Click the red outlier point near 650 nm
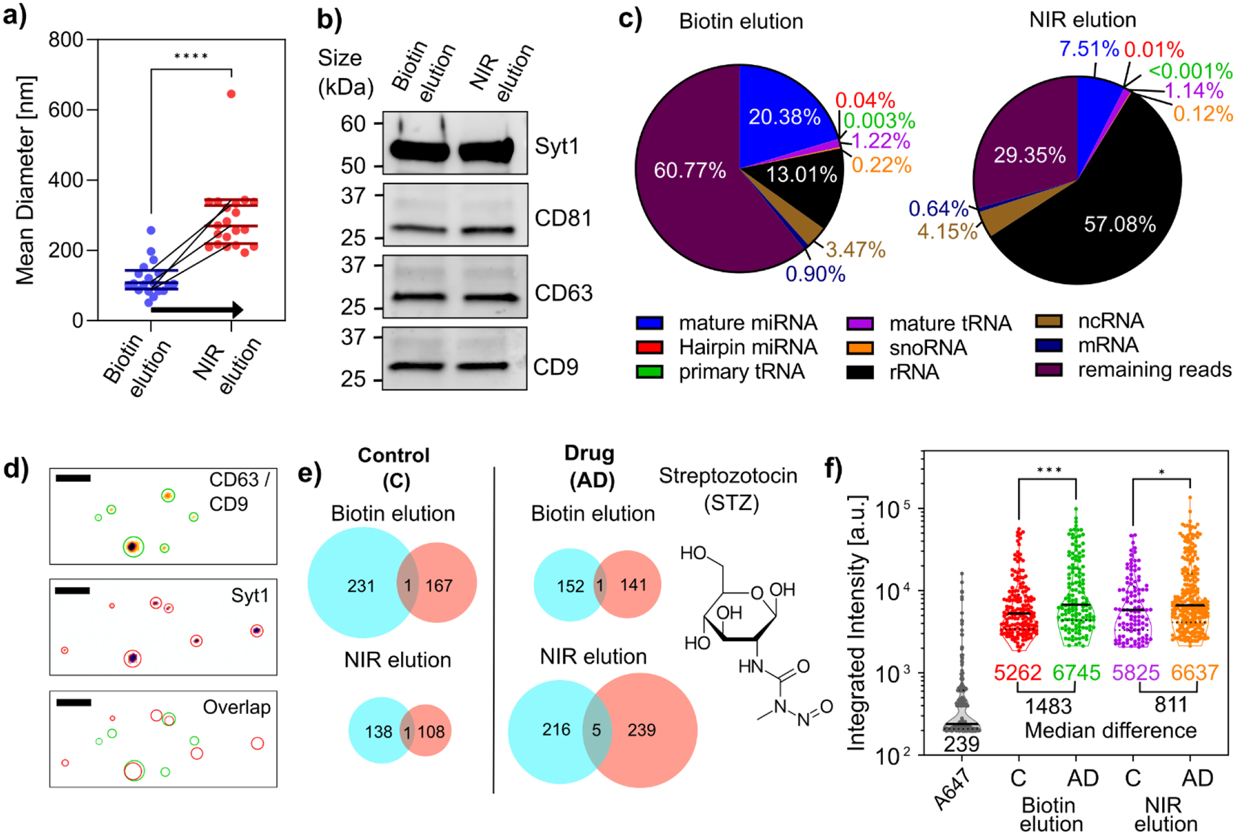coord(231,94)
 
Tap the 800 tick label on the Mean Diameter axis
coord(65,40)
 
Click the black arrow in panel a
coord(196,310)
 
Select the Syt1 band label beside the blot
coord(556,146)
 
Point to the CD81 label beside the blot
coord(563,218)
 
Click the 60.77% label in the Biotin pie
coord(689,171)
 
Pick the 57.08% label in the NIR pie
coord(1120,225)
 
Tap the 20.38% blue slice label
coord(784,117)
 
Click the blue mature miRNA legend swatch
coord(649,323)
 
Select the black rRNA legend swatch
coord(860,371)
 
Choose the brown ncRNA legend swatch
coord(1048,321)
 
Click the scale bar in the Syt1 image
coord(72,590)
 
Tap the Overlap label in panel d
coord(236,707)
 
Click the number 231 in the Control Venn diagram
coord(360,586)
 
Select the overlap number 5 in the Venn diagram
coord(596,730)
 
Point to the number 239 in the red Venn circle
coord(642,730)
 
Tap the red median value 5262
coord(1017,673)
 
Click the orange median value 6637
coord(1194,673)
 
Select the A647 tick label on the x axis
coord(953,790)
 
